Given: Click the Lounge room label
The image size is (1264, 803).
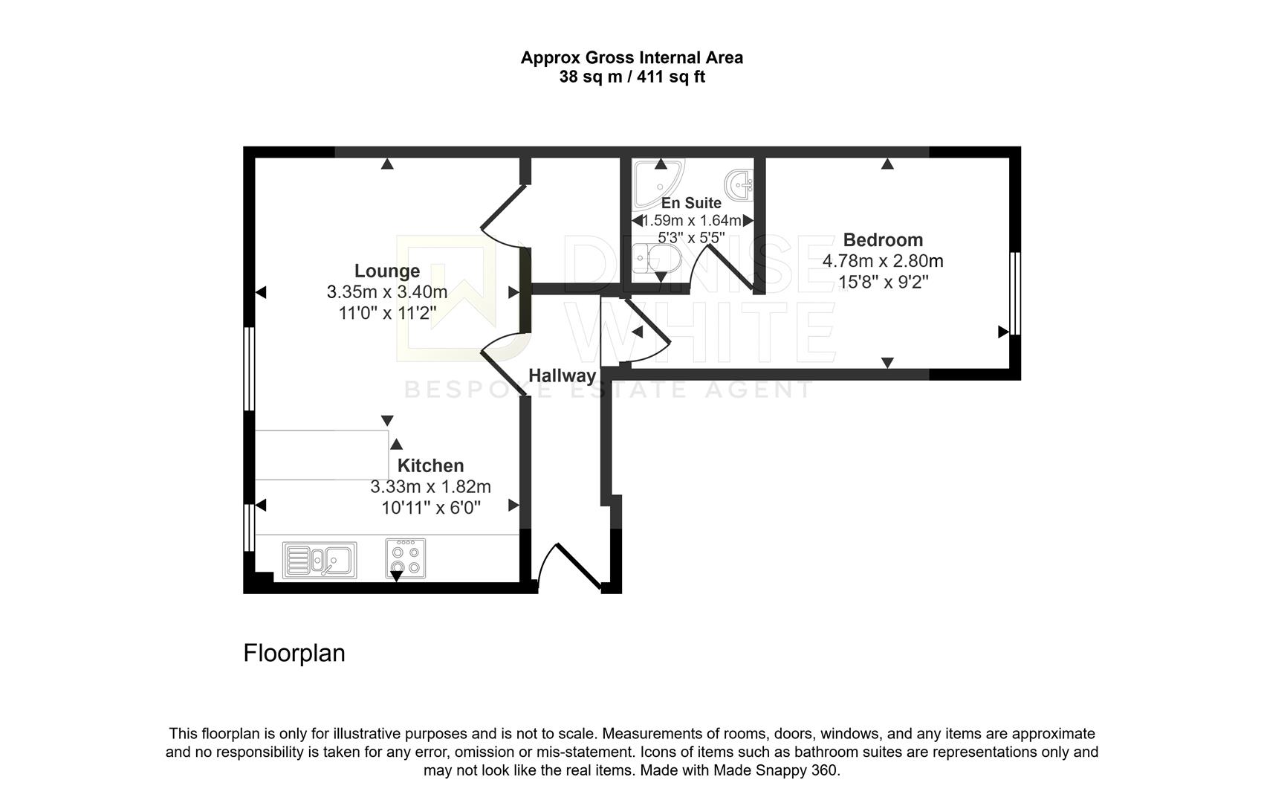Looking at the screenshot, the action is pos(387,271).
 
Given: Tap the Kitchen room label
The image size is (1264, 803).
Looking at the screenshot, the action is pos(430,465).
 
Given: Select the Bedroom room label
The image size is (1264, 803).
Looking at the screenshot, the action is pos(883,240).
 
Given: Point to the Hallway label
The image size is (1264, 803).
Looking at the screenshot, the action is pos(562,375).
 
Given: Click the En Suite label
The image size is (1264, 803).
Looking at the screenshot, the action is pos(691,203).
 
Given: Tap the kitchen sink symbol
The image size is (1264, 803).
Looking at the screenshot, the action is pos(320,560).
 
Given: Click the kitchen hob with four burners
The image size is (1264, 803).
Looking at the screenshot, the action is pos(406,558).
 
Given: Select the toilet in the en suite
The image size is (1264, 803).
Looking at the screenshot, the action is pos(657,259).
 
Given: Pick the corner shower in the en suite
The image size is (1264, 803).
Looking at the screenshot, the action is pos(658,183).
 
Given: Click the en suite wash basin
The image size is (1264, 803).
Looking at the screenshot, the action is pos(739,184).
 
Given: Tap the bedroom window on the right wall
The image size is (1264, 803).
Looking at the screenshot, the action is pos(1015,294).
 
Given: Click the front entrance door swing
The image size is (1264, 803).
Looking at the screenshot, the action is pos(570,567).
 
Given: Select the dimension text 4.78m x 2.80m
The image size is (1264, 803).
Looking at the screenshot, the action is pos(883,261).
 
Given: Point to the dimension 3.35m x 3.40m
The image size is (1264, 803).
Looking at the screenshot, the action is pos(387,292).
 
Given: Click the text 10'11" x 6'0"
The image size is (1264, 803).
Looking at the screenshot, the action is pos(431,508).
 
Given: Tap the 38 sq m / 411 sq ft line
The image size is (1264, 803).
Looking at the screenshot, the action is pos(632,77).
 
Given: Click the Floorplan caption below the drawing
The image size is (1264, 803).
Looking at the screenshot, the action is pos(294,654).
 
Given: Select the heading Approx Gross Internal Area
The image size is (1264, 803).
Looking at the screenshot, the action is pos(632,57).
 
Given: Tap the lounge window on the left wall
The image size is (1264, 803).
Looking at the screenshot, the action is pos(249,369).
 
